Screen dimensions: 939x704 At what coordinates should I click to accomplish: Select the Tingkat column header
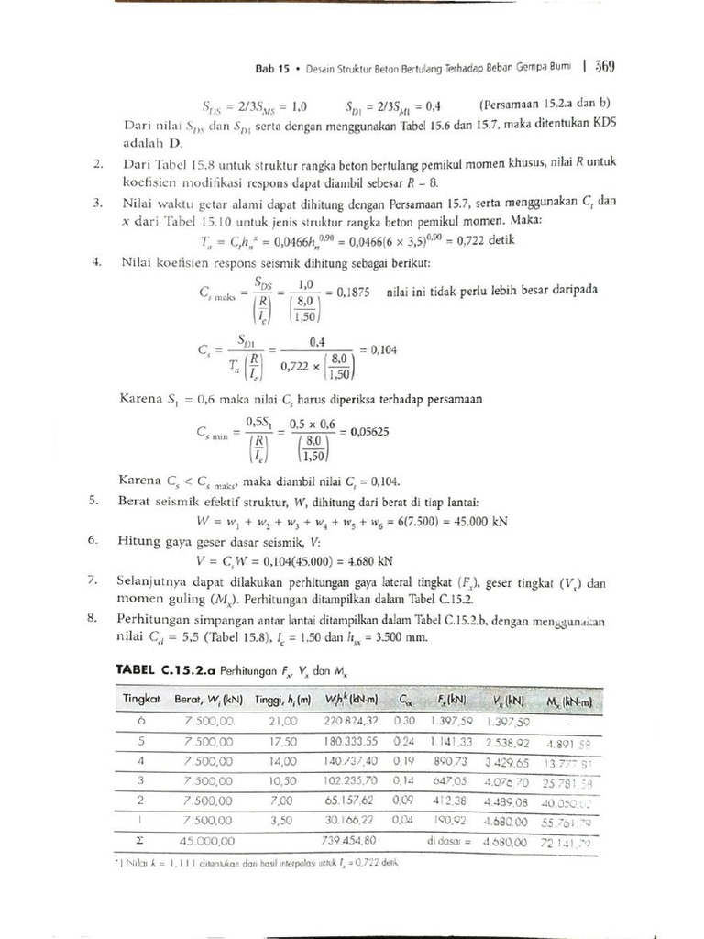point(142,701)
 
